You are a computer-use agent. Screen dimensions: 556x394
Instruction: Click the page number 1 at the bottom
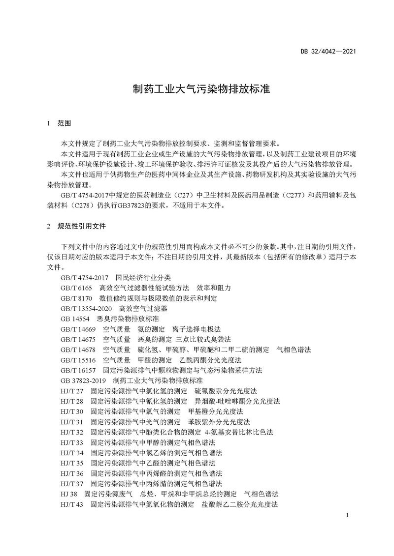(x=347, y=515)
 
